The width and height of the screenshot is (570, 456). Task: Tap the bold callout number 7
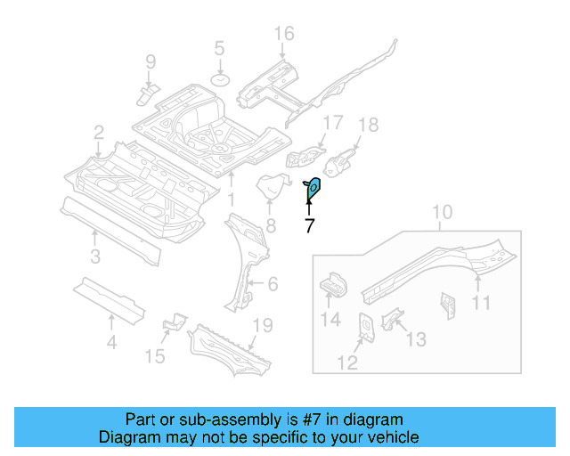click(309, 226)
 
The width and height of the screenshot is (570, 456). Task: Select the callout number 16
click(283, 35)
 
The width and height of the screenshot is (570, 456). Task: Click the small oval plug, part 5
click(219, 81)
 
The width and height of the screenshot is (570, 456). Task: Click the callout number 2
click(98, 134)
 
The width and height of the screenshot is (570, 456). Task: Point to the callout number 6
click(273, 284)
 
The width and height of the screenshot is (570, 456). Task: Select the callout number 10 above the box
click(443, 213)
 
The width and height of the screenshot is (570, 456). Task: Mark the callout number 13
click(416, 339)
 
